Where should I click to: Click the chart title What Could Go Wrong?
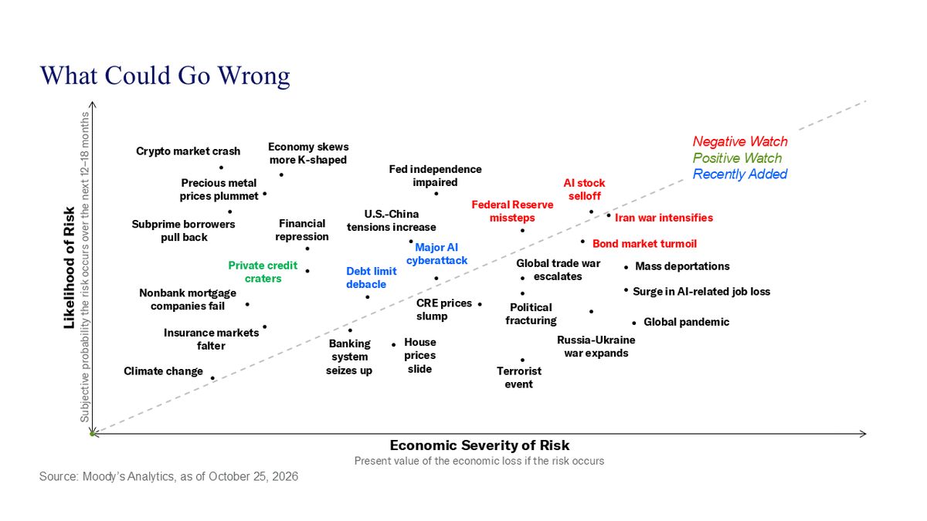tap(165, 76)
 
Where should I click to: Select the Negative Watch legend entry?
tap(740, 141)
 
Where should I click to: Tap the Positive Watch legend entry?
tap(737, 158)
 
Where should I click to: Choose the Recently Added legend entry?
tap(740, 174)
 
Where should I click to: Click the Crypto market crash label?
tap(188, 151)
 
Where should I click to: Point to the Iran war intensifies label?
tap(664, 218)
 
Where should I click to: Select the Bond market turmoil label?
tap(644, 244)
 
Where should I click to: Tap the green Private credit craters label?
tap(263, 272)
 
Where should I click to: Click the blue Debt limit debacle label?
tap(372, 277)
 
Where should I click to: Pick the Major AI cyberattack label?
tap(436, 254)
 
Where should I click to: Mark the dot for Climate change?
tap(212, 378)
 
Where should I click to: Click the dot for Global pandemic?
tap(633, 323)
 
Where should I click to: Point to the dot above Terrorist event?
tap(522, 360)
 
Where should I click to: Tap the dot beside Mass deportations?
tap(626, 268)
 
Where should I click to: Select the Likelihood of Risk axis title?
tap(69, 268)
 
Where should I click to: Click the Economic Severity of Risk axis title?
tap(479, 445)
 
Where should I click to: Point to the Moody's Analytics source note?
tap(168, 476)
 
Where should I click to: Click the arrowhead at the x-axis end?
tap(864, 434)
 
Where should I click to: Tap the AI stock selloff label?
tap(584, 189)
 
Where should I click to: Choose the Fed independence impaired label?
tap(435, 176)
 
